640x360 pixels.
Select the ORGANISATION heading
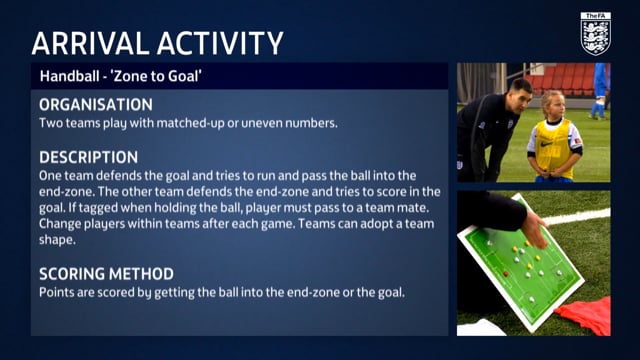click(x=96, y=105)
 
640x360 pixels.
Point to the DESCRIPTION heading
click(x=88, y=157)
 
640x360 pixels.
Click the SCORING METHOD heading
click(x=106, y=273)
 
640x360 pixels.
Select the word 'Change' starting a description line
click(x=61, y=224)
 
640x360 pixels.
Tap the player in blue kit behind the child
click(x=600, y=90)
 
